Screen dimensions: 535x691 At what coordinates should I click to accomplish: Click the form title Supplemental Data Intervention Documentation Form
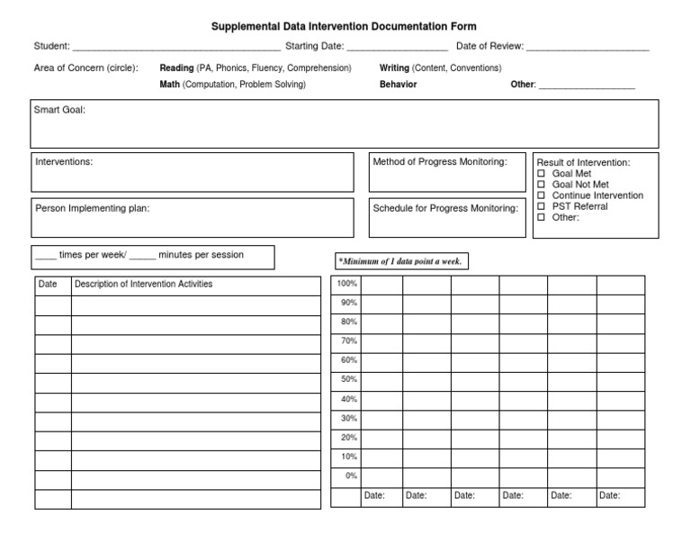pos(344,27)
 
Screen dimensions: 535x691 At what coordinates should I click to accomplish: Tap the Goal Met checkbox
pos(542,174)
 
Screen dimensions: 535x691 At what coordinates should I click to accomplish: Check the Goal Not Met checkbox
pos(542,185)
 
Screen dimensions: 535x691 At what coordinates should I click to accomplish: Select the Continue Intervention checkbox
pos(542,195)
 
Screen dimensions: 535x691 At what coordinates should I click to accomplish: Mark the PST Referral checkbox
pos(542,206)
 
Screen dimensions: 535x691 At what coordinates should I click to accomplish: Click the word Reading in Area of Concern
pos(177,68)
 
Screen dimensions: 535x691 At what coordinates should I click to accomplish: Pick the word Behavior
pos(398,85)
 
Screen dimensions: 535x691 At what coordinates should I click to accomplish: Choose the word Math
pos(170,85)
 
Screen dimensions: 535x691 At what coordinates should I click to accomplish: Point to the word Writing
pos(394,68)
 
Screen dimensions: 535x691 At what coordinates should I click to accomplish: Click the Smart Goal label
pos(59,111)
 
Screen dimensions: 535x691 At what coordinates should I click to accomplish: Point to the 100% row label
pos(346,284)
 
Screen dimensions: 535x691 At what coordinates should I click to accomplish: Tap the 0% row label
pos(350,476)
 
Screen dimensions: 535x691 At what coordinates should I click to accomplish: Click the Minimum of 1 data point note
pos(402,261)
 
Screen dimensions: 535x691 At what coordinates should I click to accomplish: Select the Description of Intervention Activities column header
pos(144,285)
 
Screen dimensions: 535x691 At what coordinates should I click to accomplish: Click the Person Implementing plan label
pos(93,208)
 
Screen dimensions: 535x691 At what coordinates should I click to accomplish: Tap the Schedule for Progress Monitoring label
pos(445,208)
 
